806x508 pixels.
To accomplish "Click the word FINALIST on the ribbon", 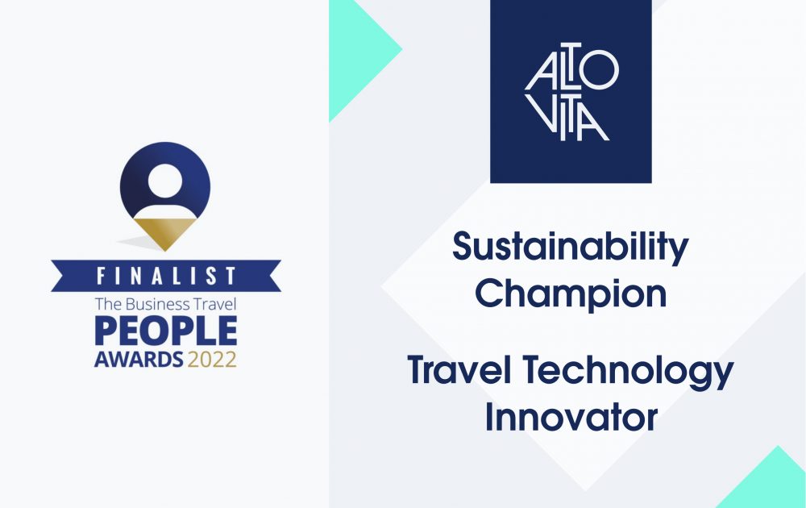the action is point(167,276).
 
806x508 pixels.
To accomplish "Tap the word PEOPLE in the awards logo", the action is point(165,331).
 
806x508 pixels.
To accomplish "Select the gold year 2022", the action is point(212,360).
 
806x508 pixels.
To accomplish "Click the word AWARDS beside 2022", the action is point(139,360).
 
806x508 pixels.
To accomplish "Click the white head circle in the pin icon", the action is point(165,181).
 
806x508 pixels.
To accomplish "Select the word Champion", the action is point(571,295).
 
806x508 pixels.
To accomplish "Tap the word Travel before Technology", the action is point(459,370).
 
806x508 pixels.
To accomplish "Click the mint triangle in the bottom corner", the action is point(766,483).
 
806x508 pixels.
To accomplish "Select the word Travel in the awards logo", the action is point(215,304).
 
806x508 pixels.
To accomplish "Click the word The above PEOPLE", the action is point(108,304).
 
